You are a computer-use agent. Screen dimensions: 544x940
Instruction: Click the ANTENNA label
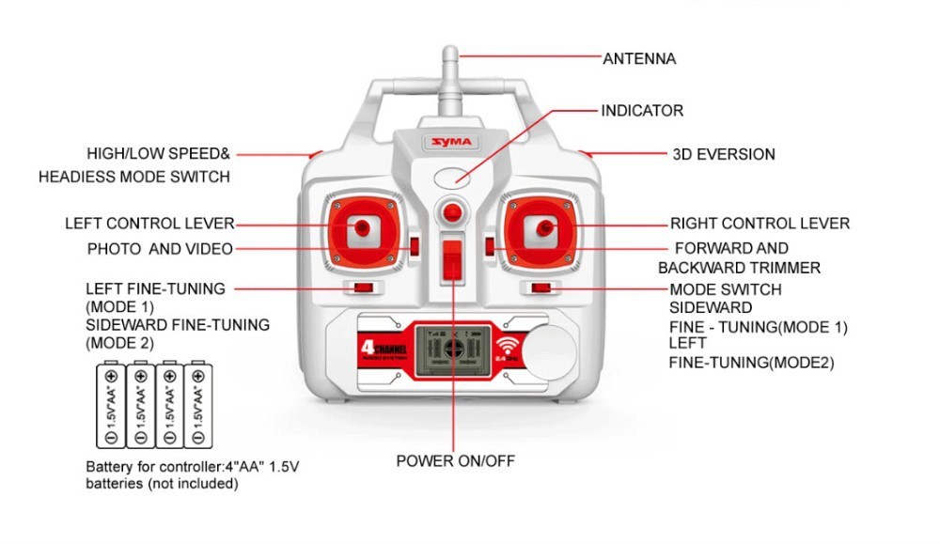click(639, 58)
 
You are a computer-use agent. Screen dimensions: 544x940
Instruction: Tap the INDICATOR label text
click(642, 111)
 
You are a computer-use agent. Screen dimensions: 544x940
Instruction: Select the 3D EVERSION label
click(723, 154)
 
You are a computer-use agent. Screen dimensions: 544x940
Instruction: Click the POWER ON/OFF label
click(455, 461)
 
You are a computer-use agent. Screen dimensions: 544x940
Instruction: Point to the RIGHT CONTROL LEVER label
click(760, 224)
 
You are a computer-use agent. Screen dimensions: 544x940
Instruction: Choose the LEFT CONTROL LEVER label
click(149, 224)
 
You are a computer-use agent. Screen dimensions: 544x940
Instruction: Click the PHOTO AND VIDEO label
click(160, 249)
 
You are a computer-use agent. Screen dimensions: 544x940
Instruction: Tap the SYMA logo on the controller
click(454, 143)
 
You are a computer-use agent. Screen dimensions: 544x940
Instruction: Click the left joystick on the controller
click(362, 226)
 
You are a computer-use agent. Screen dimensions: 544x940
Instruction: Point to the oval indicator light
click(452, 176)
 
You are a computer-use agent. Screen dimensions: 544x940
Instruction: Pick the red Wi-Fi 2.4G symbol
click(507, 349)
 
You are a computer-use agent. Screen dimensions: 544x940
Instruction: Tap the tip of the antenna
click(451, 53)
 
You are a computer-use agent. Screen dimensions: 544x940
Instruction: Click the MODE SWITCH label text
click(725, 289)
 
